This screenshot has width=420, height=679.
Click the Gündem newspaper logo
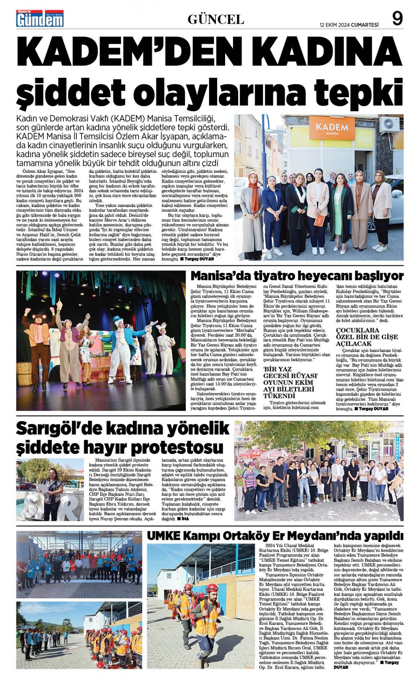click(x=40, y=18)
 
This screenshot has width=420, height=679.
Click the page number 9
click(x=397, y=18)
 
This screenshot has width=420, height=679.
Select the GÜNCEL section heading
click(x=215, y=19)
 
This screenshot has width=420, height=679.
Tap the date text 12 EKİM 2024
click(x=334, y=25)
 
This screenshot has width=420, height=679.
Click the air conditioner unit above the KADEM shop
click(x=389, y=125)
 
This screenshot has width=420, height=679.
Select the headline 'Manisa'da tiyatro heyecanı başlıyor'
click(x=297, y=276)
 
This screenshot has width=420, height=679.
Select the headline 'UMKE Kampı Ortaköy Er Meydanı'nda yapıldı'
click(x=275, y=536)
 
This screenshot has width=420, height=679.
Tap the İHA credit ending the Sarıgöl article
click(x=183, y=519)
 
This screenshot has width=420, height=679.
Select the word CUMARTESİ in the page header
click(x=365, y=25)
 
